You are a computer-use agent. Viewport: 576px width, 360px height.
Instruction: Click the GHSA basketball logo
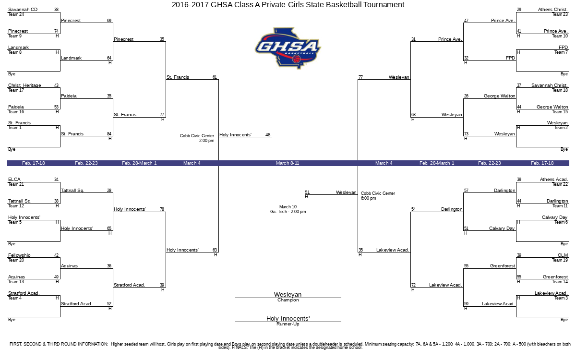click(288, 48)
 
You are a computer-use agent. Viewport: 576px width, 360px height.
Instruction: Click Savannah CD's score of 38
click(56, 10)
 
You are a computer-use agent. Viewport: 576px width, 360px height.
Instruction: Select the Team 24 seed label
click(16, 14)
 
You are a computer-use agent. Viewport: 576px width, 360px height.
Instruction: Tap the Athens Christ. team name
click(553, 10)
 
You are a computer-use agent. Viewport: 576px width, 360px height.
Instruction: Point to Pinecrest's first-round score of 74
click(56, 31)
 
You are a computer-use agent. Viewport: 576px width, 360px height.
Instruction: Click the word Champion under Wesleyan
click(288, 300)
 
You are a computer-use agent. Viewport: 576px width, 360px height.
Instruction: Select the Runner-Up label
click(288, 324)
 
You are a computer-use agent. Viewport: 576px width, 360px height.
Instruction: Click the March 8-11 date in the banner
click(288, 163)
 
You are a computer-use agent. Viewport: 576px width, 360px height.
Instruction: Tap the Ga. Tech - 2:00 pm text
click(288, 212)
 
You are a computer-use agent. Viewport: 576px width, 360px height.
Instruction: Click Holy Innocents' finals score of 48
click(268, 135)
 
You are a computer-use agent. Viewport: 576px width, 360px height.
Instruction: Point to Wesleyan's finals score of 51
click(307, 192)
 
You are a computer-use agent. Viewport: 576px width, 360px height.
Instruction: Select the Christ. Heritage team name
click(24, 85)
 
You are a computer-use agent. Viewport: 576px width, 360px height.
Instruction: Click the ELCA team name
click(14, 180)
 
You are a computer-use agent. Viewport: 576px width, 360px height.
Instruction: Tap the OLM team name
click(563, 255)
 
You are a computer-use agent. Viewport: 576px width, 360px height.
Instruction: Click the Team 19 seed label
click(560, 260)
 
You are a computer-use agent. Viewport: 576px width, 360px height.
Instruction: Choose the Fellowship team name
click(19, 255)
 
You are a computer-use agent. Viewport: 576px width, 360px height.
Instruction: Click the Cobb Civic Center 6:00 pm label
click(378, 196)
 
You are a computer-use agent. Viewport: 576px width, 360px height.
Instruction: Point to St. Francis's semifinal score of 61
click(215, 77)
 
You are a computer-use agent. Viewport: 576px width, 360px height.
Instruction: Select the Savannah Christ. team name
click(550, 85)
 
